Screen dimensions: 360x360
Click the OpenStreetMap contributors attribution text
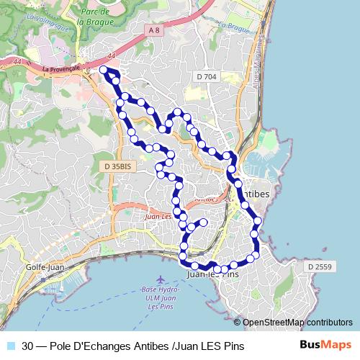[297, 323]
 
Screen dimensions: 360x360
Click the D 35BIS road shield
[117, 166]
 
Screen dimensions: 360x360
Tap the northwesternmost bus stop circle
[103, 70]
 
